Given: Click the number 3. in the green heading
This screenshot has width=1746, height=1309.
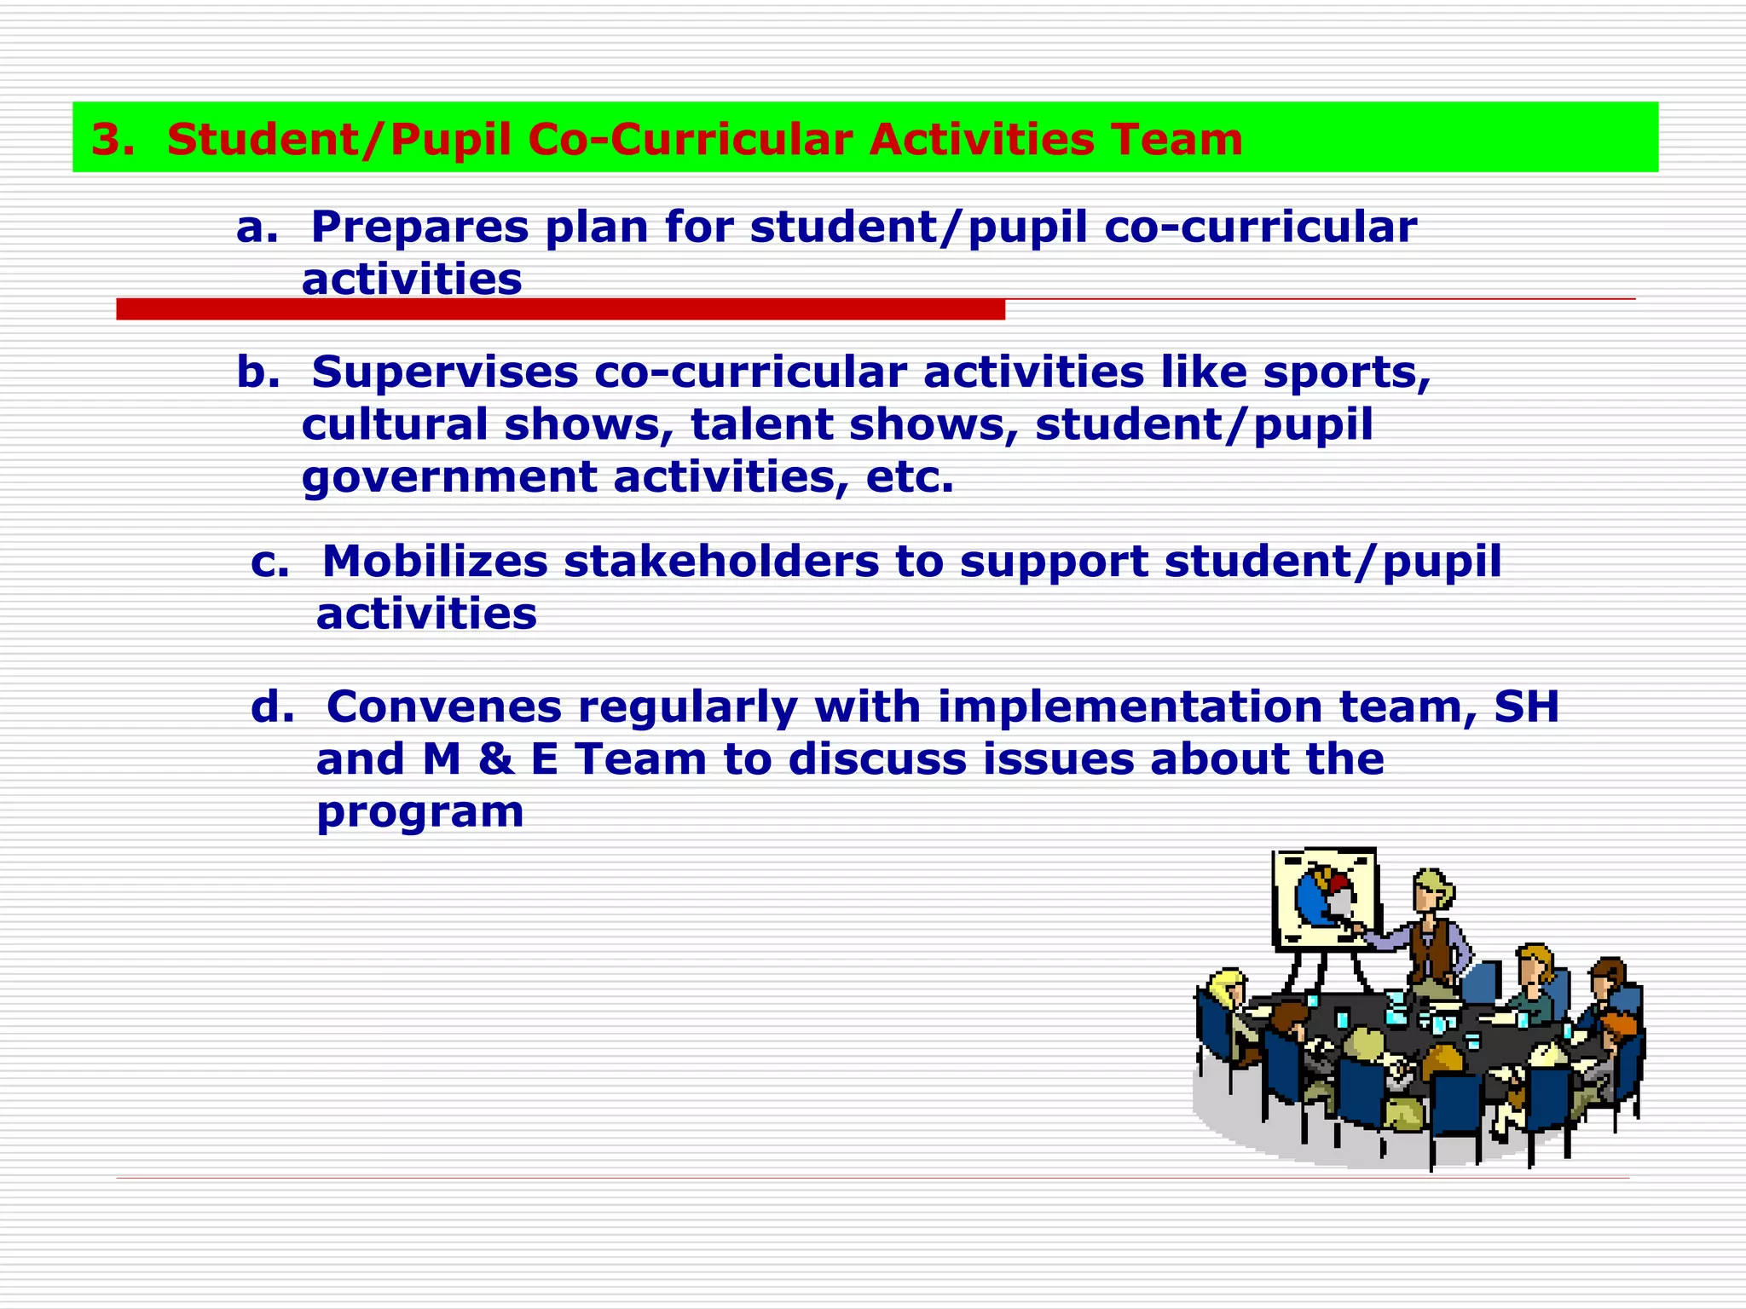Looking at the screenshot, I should coord(113,140).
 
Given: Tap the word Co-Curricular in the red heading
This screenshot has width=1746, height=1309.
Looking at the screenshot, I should coord(689,140).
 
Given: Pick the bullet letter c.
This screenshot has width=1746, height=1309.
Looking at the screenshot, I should coord(269,562).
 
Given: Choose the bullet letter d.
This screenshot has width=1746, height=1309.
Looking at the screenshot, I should coord(272,707).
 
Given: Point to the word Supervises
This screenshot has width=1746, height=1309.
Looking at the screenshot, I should coord(444,372).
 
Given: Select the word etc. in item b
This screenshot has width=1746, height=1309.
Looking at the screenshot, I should coord(910,477).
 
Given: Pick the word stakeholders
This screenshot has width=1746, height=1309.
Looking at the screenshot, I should coord(721,562).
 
